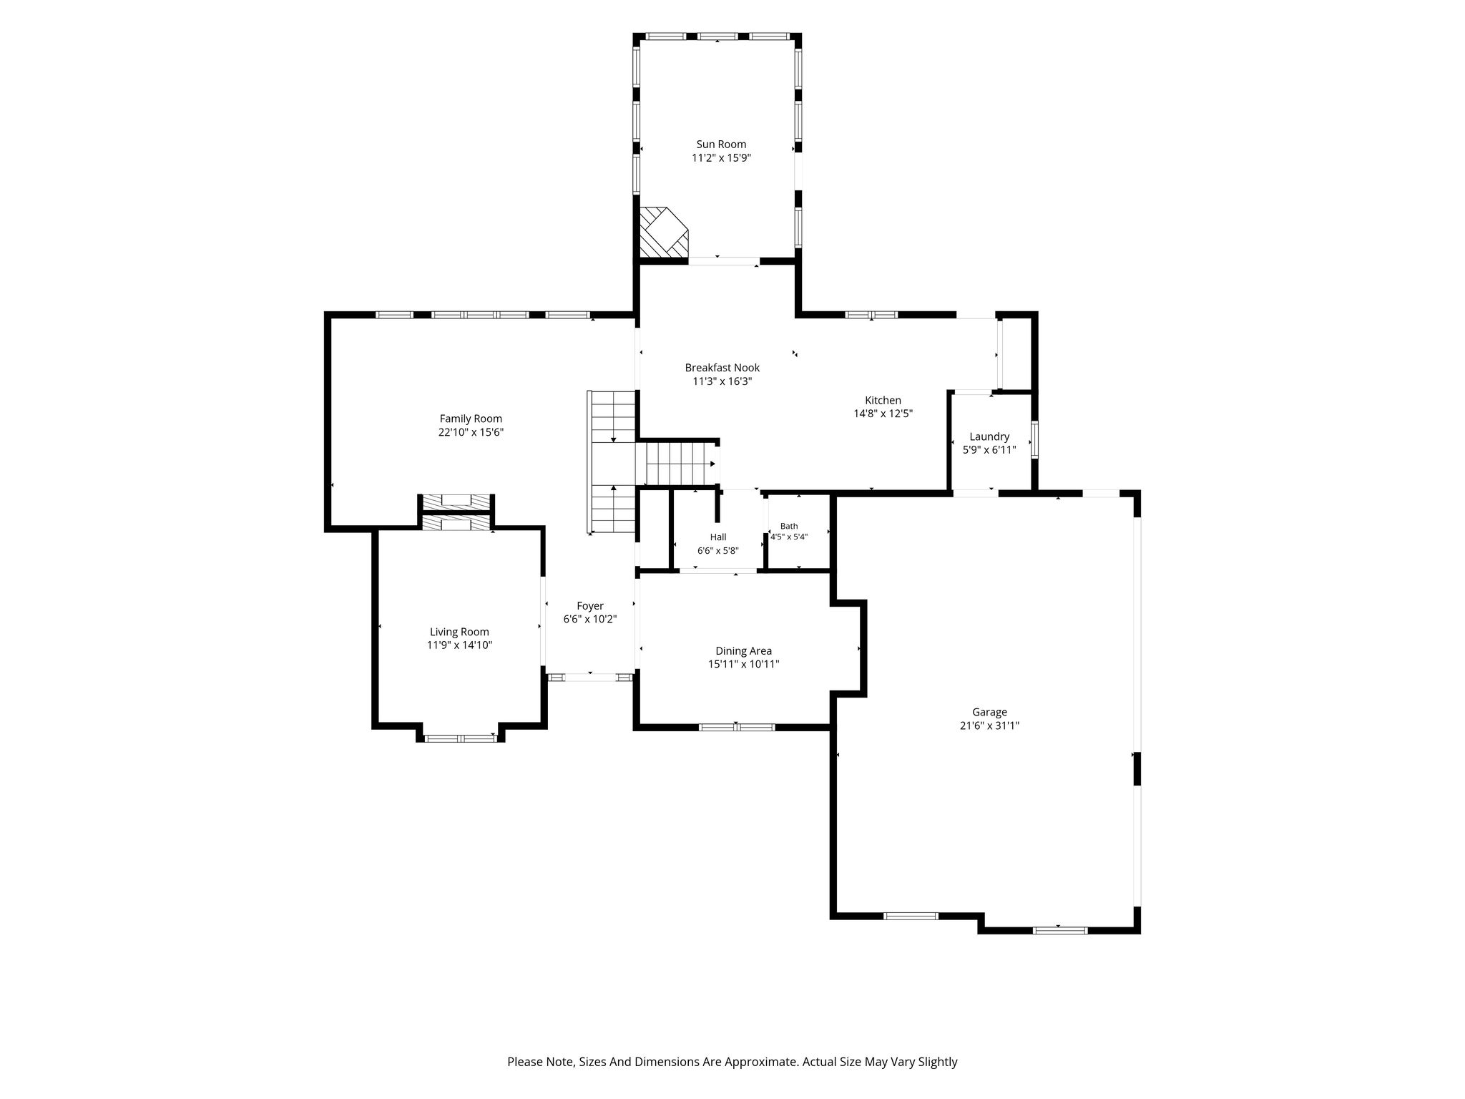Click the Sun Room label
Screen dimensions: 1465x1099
(x=721, y=145)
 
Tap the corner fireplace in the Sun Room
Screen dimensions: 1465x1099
(x=663, y=233)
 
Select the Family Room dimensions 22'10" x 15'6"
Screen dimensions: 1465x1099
(x=471, y=432)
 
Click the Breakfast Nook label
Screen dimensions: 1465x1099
(x=722, y=368)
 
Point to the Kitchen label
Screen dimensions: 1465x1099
(x=883, y=401)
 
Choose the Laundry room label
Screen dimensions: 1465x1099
(x=989, y=436)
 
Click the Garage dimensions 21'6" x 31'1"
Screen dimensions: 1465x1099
(x=989, y=726)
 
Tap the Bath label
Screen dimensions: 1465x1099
(x=788, y=526)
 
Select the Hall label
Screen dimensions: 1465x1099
(x=718, y=537)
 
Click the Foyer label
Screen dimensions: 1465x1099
(x=590, y=606)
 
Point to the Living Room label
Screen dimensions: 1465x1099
(x=459, y=632)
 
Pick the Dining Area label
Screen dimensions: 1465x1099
(x=743, y=651)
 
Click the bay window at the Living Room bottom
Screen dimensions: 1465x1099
(x=461, y=738)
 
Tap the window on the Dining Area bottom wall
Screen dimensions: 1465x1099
(x=737, y=727)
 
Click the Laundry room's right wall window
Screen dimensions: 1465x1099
(x=1034, y=440)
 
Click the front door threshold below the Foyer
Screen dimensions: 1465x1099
(x=590, y=676)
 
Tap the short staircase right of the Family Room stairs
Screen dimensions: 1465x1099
(x=680, y=463)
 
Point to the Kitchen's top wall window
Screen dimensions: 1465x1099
(x=871, y=314)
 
